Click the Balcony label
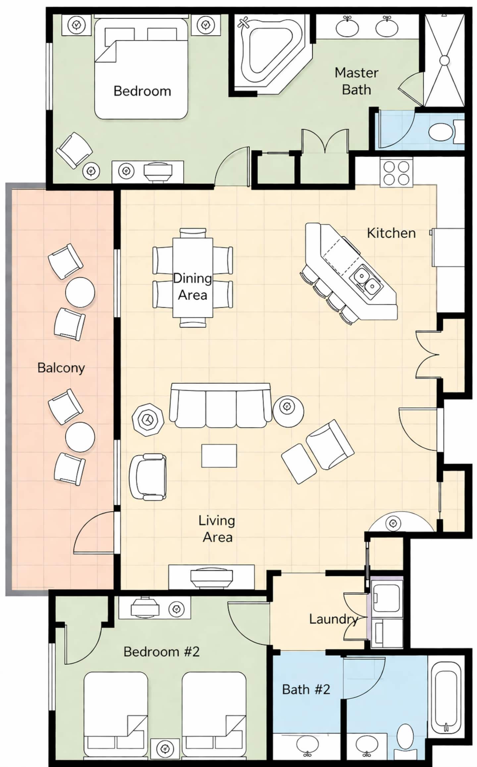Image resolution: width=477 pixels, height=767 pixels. coord(61,368)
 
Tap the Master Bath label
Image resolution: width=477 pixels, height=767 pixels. coord(356,81)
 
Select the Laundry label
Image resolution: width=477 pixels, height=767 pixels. coord(334,619)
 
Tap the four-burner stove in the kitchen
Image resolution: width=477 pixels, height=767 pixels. coord(396,173)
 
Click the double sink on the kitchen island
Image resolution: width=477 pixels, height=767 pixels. coord(366,280)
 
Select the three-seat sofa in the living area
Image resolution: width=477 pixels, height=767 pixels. coord(220,405)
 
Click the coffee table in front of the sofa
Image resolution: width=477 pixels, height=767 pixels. coord(219,456)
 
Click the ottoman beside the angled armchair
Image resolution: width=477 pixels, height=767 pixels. coord(299,464)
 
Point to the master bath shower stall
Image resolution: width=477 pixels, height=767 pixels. coord(445,60)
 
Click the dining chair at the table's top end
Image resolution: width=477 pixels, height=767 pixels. coord(193,233)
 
